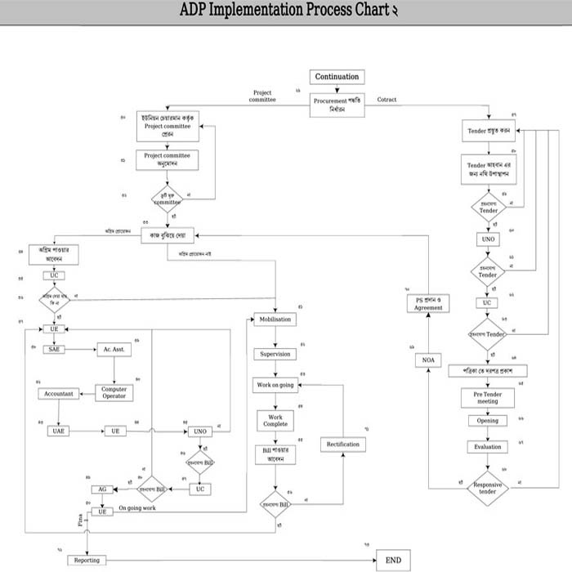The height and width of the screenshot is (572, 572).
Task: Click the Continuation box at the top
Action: tap(337, 77)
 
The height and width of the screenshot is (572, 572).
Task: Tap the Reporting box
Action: tap(87, 560)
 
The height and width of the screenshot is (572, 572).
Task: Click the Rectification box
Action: tap(342, 444)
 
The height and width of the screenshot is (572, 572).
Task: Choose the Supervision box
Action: tap(275, 355)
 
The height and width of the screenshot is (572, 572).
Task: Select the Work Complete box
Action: tap(275, 420)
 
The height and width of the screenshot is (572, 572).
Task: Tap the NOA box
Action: tap(427, 360)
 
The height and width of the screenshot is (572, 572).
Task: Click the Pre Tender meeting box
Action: tap(487, 397)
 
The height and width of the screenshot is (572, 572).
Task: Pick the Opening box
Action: tap(487, 421)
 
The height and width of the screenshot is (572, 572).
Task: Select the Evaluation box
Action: tap(487, 447)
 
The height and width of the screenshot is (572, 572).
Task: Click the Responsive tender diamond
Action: tap(488, 489)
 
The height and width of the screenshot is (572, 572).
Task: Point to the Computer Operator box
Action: tap(114, 393)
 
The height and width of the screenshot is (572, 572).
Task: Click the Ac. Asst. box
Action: tap(114, 349)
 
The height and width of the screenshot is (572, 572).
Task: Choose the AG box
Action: tap(102, 489)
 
